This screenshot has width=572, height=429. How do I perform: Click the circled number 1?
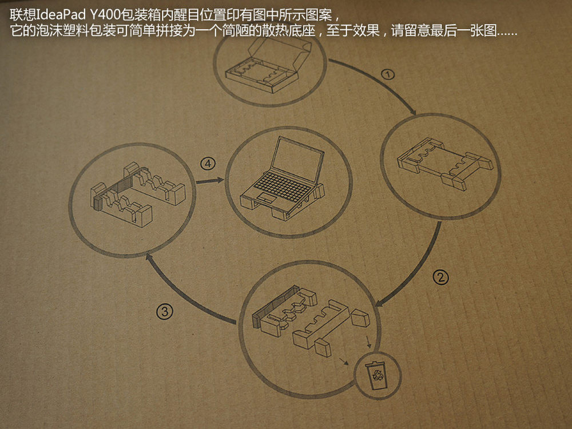pos(388,74)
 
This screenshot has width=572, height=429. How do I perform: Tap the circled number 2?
pos(440,277)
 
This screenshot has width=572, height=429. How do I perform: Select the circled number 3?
pos(165,312)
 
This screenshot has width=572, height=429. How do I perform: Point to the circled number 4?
pos(208,164)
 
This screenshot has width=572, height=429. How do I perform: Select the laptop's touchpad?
pos(267,198)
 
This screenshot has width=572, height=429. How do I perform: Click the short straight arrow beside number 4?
pos(210,181)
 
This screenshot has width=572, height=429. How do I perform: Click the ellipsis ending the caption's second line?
pos(507,34)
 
